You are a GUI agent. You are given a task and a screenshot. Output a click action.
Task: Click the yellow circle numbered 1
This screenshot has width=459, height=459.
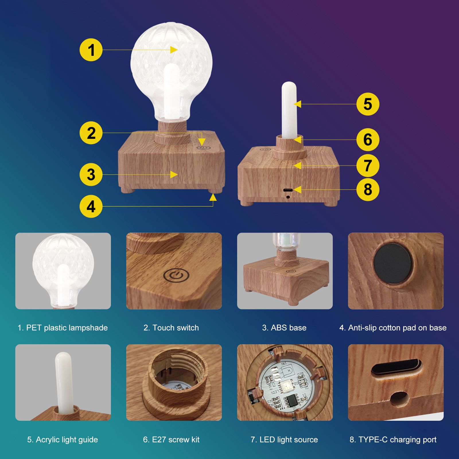pyautogui.click(x=91, y=50)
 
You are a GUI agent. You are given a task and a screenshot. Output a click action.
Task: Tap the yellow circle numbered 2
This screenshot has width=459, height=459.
pyautogui.click(x=91, y=133)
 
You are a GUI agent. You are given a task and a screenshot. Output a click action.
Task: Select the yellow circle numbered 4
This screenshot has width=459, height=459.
pyautogui.click(x=91, y=206)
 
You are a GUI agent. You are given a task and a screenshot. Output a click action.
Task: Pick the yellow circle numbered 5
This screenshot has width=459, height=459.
pyautogui.click(x=368, y=104)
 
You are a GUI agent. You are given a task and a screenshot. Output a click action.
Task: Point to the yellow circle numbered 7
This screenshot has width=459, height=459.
pyautogui.click(x=368, y=166)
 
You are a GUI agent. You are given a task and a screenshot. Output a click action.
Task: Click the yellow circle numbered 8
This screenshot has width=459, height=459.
pyautogui.click(x=368, y=190)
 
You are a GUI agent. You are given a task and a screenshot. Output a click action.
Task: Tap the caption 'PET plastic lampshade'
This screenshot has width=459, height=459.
pyautogui.click(x=67, y=328)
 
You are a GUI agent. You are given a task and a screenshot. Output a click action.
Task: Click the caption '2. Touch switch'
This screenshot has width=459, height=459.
pyautogui.click(x=171, y=328)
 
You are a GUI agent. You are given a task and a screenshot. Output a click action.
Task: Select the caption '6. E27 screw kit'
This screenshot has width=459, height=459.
pyautogui.click(x=171, y=439)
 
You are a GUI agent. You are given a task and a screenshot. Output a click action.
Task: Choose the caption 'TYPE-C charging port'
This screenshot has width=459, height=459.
pyautogui.click(x=397, y=439)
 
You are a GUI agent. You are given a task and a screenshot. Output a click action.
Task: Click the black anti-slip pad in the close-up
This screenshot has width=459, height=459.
pyautogui.click(x=392, y=263)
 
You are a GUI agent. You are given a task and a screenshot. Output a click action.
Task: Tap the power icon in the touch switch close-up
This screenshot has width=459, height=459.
pyautogui.click(x=176, y=275)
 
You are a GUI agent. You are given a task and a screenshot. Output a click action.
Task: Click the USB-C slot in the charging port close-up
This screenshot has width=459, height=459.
pyautogui.click(x=396, y=367)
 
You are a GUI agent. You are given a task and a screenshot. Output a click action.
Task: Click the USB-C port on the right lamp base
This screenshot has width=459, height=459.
pyautogui.click(x=288, y=190)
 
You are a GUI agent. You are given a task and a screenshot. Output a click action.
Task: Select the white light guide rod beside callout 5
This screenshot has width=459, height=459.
pyautogui.click(x=289, y=110)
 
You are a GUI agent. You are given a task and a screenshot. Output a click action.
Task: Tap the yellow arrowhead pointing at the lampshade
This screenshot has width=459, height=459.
pyautogui.click(x=174, y=50)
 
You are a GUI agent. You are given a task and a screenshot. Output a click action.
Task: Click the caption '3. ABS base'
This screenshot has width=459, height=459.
pyautogui.click(x=284, y=328)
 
